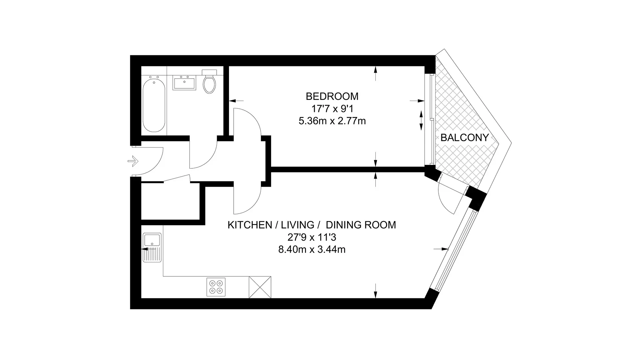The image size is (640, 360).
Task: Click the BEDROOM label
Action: [x=332, y=96]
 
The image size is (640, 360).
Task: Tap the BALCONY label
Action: [x=465, y=138]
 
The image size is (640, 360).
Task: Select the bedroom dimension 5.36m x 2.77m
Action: [x=332, y=121]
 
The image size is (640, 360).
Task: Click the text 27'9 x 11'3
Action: [x=312, y=237]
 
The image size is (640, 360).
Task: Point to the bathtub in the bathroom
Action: [x=154, y=105]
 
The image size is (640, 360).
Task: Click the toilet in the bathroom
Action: [x=209, y=81]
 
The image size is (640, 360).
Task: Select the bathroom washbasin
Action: [x=184, y=82]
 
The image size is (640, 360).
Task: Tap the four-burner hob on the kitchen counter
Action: [x=216, y=287]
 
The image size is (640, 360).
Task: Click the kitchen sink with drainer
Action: [x=152, y=248]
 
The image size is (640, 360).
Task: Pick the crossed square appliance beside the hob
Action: [x=260, y=287]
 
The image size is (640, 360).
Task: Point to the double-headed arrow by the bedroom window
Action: [x=421, y=120]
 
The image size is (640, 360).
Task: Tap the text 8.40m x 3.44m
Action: [x=312, y=249]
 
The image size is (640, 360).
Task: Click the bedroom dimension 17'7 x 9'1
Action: [x=332, y=109]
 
